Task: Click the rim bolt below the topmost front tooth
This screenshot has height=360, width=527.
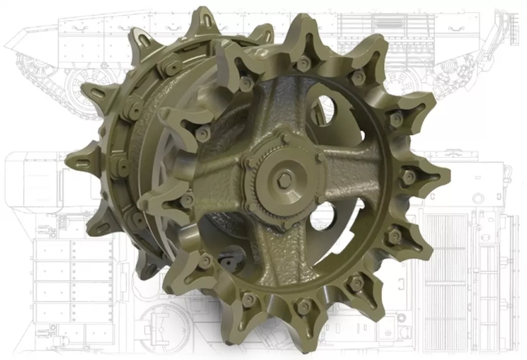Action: click(x=304, y=64)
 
